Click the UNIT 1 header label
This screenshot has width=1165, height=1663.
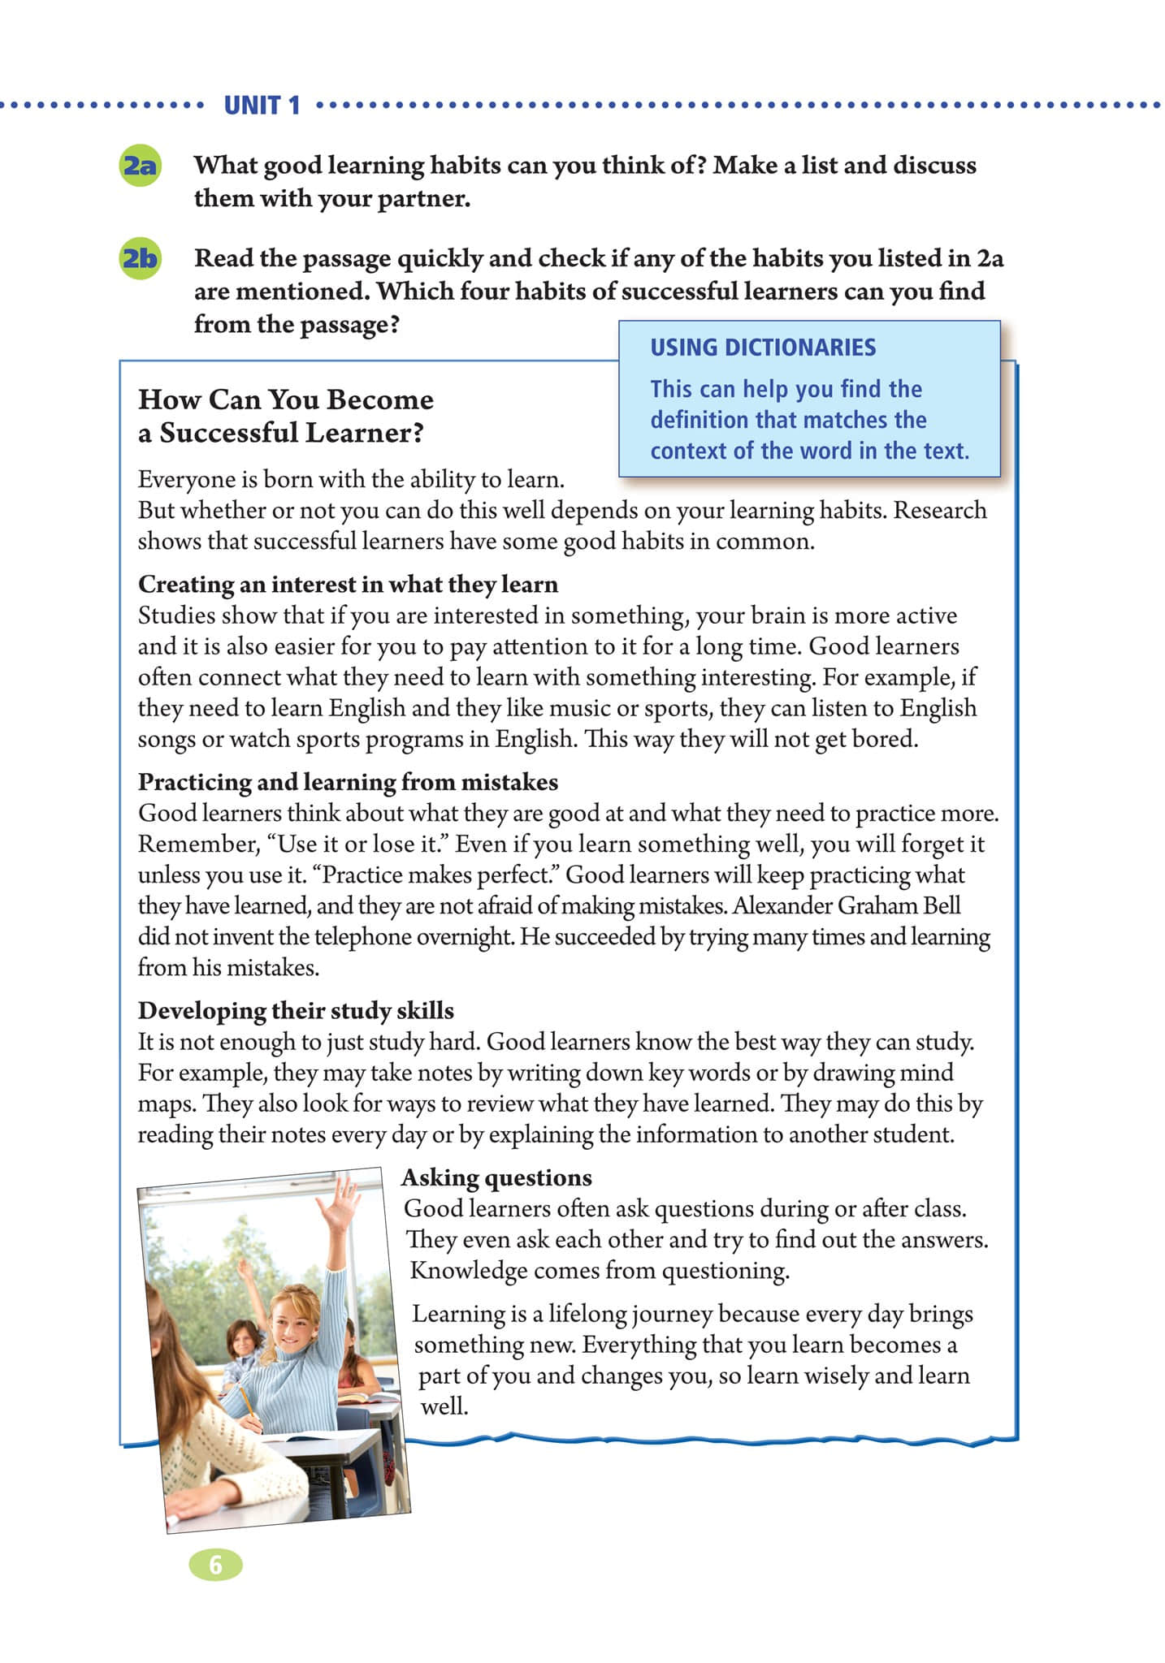click(x=262, y=106)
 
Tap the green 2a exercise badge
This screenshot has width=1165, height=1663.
click(x=140, y=166)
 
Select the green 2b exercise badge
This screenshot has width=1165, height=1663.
click(x=140, y=258)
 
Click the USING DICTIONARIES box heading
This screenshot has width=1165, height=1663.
click(x=762, y=348)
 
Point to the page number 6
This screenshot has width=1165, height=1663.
click(x=215, y=1564)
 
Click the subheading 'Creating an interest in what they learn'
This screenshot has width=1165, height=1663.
click(x=348, y=585)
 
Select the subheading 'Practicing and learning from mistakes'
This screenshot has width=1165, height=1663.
click(x=348, y=782)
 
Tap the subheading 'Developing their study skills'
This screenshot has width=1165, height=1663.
click(x=296, y=1011)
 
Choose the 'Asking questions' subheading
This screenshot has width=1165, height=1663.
click(x=496, y=1177)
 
